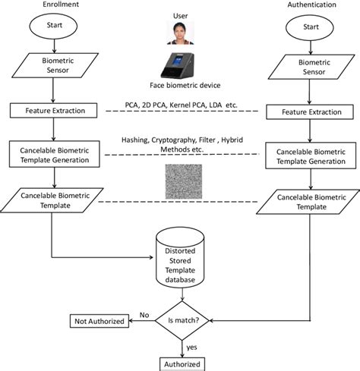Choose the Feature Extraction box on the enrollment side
[x=50, y=111]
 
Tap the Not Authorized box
[x=99, y=322]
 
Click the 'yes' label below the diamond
[x=192, y=348]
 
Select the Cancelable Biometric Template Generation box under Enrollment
[x=50, y=154]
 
